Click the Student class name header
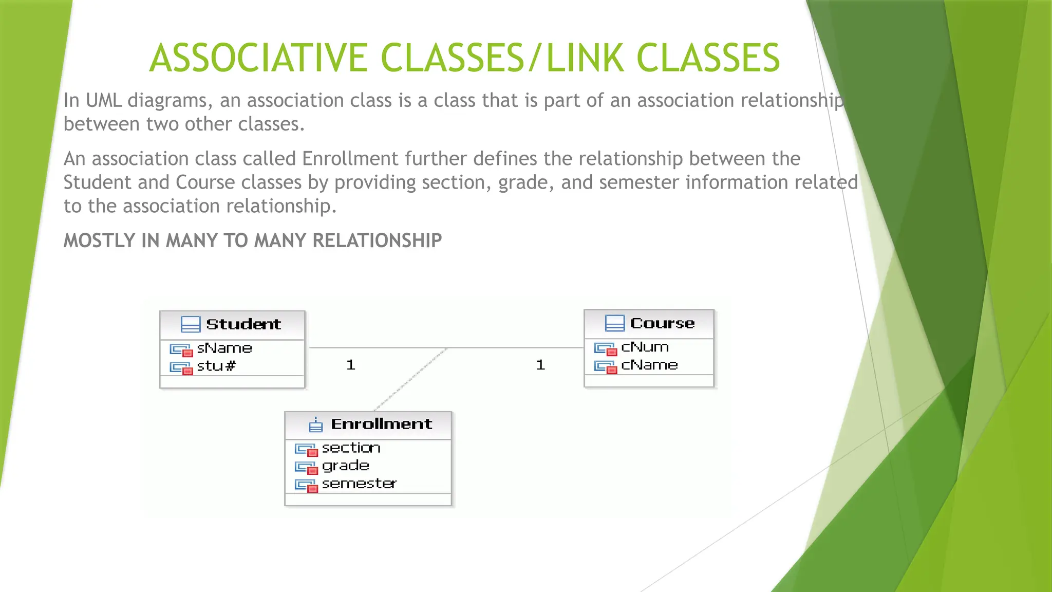(243, 324)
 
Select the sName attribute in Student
(224, 348)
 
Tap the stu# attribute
(216, 366)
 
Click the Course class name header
(662, 323)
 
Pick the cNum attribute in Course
(645, 347)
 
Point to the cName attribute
(649, 365)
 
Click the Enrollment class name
(381, 424)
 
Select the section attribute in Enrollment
(351, 448)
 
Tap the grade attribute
(345, 466)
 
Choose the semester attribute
(359, 484)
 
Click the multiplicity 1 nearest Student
(351, 365)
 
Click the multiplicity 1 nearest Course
(540, 365)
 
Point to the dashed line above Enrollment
(411, 379)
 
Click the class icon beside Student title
(191, 324)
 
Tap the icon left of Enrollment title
(315, 425)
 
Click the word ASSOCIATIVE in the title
(257, 58)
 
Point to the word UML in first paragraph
(104, 100)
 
